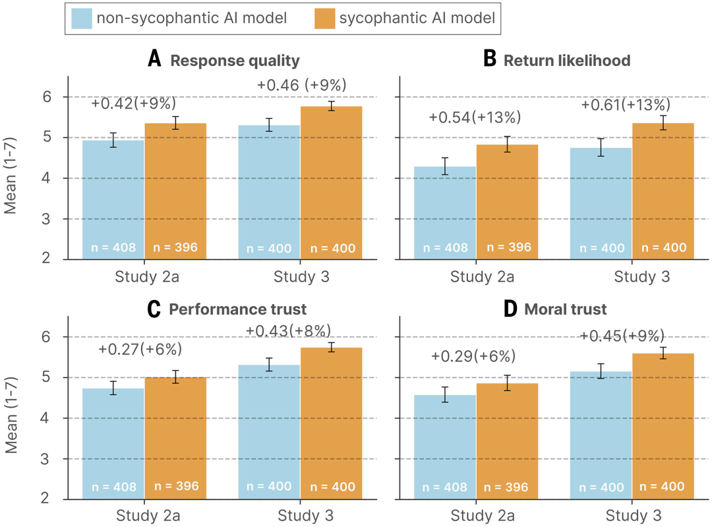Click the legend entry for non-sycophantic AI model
[x=191, y=18]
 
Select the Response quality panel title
[x=235, y=61]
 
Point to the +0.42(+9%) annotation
[x=134, y=104]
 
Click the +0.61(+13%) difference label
[x=626, y=105]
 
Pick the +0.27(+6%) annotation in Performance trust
[x=140, y=349]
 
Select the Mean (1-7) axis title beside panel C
[x=11, y=418]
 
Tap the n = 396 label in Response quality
[x=175, y=248]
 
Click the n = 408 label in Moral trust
[x=445, y=487]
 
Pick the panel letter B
[x=490, y=59]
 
